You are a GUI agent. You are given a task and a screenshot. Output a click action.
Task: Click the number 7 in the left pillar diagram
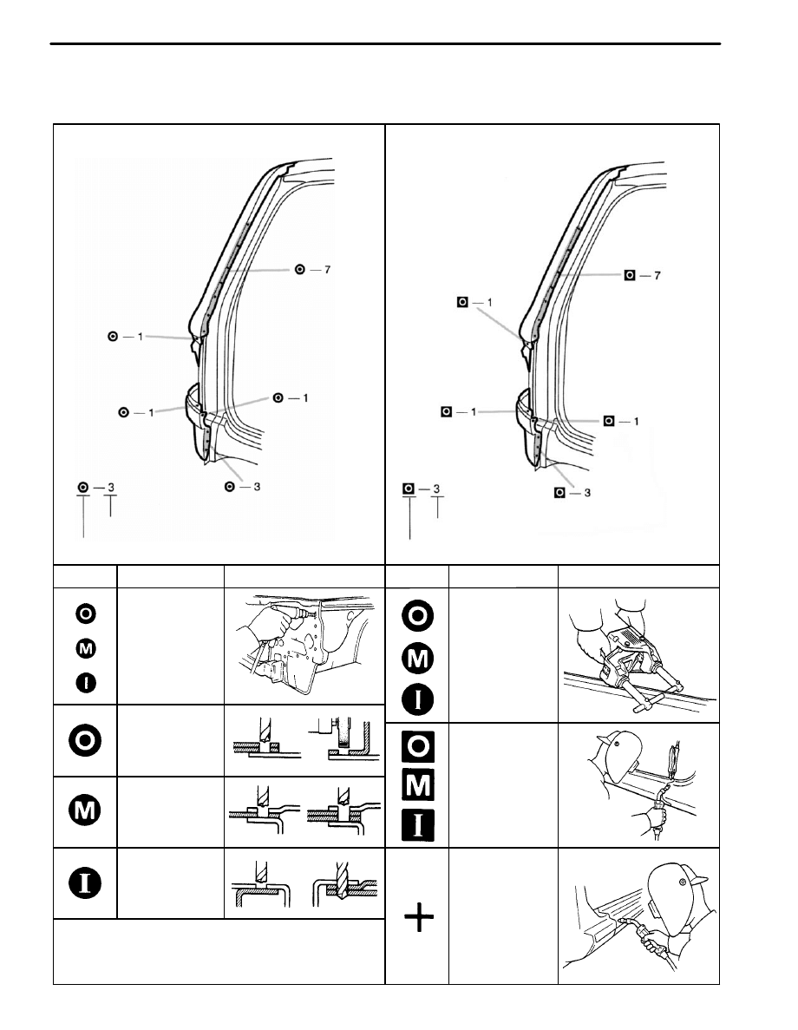(x=327, y=269)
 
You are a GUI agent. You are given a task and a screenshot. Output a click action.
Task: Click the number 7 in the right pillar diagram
(x=657, y=275)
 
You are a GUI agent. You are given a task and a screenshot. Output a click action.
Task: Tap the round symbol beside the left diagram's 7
(x=300, y=269)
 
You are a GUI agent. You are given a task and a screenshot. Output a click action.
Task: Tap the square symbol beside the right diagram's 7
(x=630, y=275)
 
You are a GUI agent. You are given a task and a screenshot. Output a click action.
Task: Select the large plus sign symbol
(x=419, y=917)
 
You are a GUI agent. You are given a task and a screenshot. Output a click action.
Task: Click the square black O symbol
(x=418, y=746)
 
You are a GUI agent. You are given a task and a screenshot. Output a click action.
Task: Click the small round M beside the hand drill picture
(x=85, y=649)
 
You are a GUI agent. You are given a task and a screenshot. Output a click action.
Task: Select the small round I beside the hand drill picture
(x=85, y=683)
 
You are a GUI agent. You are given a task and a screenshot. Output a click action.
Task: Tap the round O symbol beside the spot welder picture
(x=418, y=616)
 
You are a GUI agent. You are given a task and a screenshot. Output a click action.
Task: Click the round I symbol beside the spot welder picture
(x=418, y=700)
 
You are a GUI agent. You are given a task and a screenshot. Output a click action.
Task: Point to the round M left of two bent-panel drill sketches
(x=85, y=810)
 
